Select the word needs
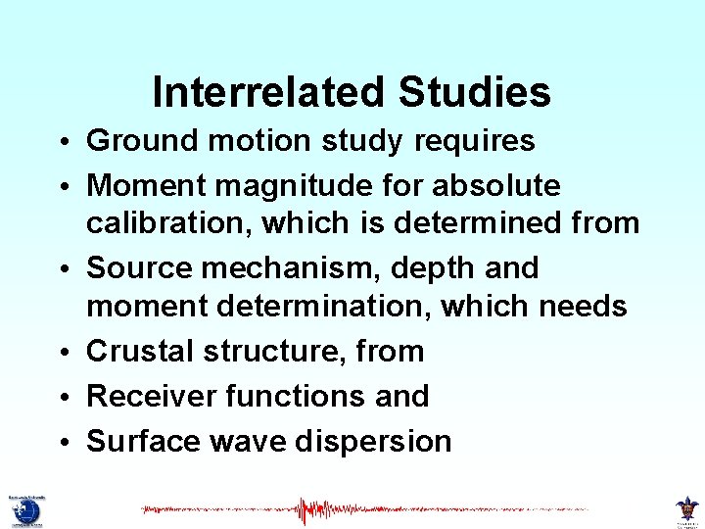click(x=584, y=306)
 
